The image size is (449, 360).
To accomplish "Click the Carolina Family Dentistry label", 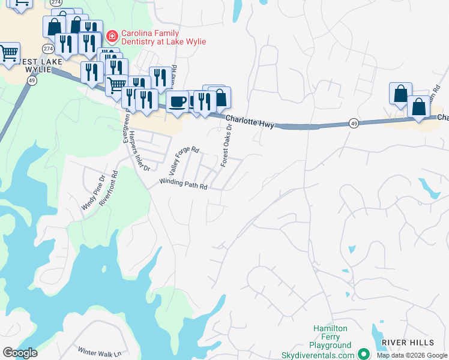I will (x=163, y=37).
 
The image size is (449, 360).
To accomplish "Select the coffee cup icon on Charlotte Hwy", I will (x=178, y=101).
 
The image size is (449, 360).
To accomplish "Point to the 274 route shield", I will (x=49, y=47).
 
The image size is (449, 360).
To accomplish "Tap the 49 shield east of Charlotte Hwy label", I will (x=355, y=124).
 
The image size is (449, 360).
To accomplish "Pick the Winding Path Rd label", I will (x=183, y=184).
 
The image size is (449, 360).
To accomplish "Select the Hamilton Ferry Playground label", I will (x=330, y=337).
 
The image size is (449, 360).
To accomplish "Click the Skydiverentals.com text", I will (x=318, y=355).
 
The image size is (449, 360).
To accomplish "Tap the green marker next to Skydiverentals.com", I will (x=363, y=354).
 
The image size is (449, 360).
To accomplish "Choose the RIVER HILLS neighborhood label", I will (x=408, y=342).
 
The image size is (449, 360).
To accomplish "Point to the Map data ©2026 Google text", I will (x=411, y=355).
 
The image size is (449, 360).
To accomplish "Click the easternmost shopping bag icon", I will (x=418, y=107).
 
